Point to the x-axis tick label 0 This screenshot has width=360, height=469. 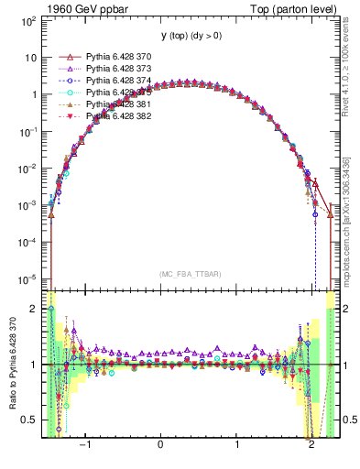click(x=162, y=446)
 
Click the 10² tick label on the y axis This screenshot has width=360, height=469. click(x=28, y=19)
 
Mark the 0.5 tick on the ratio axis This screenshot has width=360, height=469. click(x=29, y=420)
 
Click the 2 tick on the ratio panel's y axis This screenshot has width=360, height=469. click(x=35, y=309)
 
